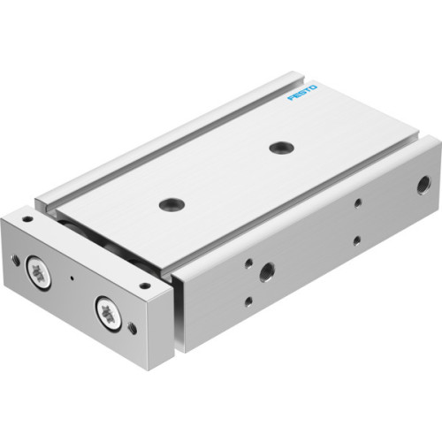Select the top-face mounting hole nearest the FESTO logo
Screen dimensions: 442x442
click(x=282, y=147)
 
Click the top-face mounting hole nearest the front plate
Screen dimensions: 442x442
click(x=168, y=205)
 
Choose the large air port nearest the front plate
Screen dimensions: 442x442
click(x=266, y=271)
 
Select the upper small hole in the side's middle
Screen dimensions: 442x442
click(x=357, y=204)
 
